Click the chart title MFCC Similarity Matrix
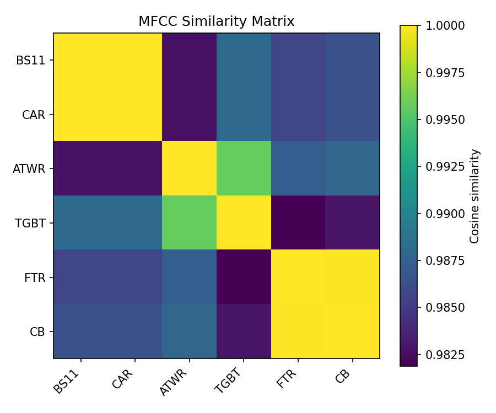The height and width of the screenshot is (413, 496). tap(217, 21)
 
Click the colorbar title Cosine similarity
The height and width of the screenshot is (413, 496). tap(475, 195)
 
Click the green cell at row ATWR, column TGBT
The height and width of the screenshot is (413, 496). tap(244, 169)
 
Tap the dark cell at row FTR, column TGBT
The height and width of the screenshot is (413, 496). tap(244, 277)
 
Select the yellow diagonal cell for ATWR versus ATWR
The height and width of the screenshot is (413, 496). tap(189, 169)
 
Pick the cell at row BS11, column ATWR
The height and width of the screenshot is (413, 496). tap(189, 60)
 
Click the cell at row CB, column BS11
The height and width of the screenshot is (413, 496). tap(80, 331)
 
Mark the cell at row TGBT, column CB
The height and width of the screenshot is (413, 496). tap(352, 222)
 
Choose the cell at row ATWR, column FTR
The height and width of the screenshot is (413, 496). tap(298, 169)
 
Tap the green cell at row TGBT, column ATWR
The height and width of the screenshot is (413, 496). tap(189, 222)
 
